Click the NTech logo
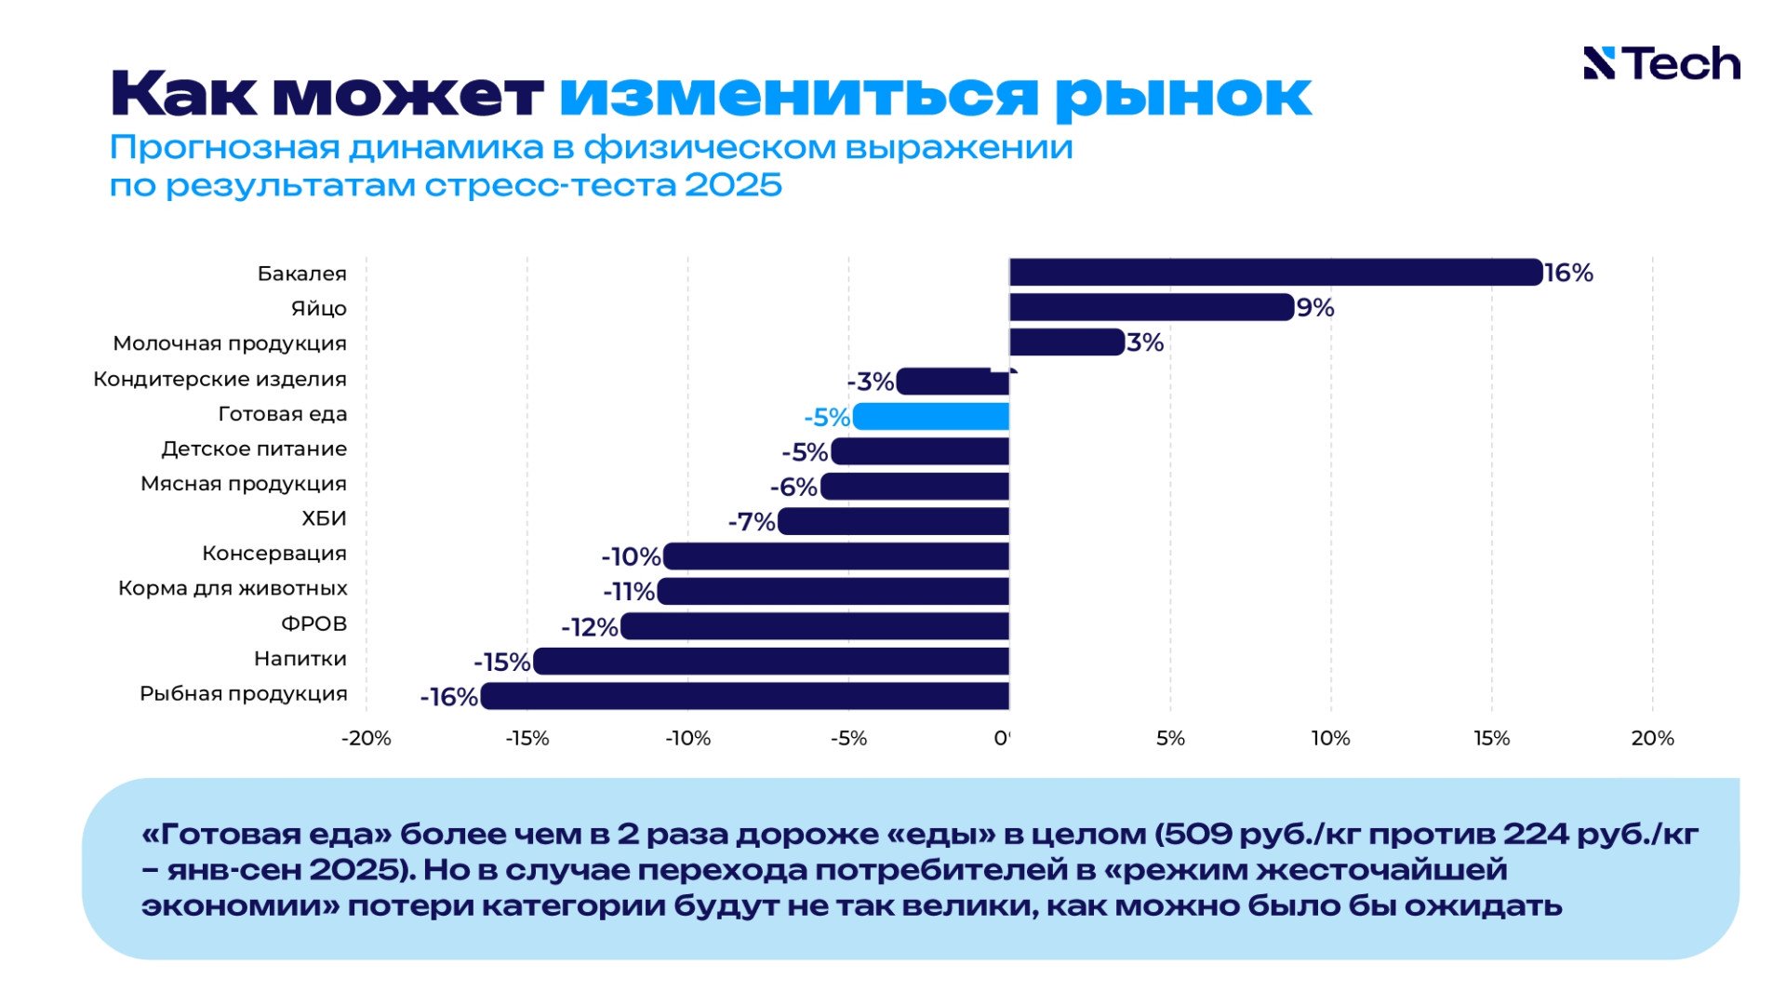(x=1661, y=63)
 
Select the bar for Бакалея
(x=1274, y=273)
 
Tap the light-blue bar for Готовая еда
(x=930, y=416)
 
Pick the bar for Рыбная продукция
(x=744, y=696)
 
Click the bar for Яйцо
(x=1151, y=307)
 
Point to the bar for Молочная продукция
(x=1066, y=342)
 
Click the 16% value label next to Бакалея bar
(x=1568, y=273)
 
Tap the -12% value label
(x=590, y=627)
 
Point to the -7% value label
(x=752, y=522)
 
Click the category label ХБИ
(x=324, y=518)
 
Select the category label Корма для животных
(x=233, y=588)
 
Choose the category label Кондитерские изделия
(x=220, y=379)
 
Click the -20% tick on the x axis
(x=366, y=738)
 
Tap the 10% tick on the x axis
(x=1330, y=738)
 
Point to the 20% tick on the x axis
(x=1652, y=738)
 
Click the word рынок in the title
(x=1183, y=95)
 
